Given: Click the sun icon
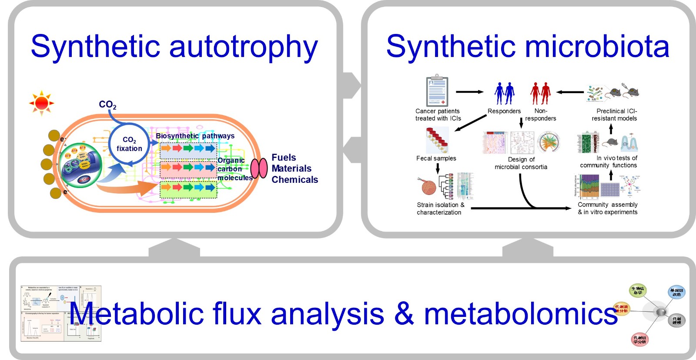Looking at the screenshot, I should tap(42, 103).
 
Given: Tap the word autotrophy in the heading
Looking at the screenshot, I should tap(243, 47).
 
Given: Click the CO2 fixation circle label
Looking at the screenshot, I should tap(129, 144).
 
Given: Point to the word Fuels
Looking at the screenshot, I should tap(284, 158).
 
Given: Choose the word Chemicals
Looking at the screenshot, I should tap(294, 180).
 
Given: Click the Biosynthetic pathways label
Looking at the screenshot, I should tap(195, 136).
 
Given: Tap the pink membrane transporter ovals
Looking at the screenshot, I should tap(259, 168).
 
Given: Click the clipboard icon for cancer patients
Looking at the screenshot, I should tap(437, 91).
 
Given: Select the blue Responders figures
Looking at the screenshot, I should tap(504, 93).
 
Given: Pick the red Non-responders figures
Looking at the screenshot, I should tap(540, 93).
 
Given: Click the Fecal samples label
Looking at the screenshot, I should tap(436, 158).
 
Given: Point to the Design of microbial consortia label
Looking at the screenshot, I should tap(521, 163).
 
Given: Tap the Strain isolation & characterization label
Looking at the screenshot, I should tap(440, 209).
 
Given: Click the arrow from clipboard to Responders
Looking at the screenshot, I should tap(469, 92).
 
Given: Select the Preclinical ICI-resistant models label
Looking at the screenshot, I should tap(615, 114).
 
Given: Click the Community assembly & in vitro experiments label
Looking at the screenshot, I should tap(607, 208).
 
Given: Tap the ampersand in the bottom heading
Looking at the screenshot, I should tap(404, 313).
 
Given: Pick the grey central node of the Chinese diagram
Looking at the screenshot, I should tap(661, 312).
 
